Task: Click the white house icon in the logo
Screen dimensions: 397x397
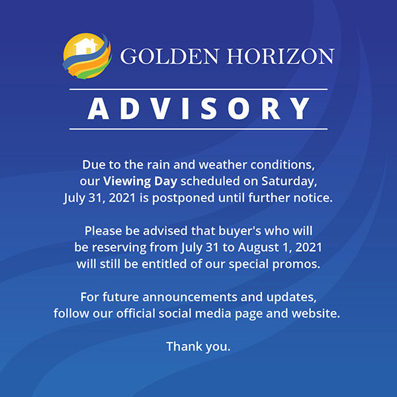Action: coord(86,47)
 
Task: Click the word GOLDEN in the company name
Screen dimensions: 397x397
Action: coord(169,56)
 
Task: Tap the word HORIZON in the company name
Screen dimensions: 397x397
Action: coord(281,56)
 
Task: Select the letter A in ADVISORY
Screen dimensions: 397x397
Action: coord(98,109)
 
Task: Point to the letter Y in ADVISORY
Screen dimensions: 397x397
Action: coord(300,109)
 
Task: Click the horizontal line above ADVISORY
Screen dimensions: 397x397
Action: coord(198,89)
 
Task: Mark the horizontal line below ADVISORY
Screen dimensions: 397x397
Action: coord(198,129)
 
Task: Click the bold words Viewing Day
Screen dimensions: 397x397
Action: coord(140,182)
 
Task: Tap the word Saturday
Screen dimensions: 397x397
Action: coord(289,182)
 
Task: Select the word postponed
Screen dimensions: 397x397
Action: coord(183,198)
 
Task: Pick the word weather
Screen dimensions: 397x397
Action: coord(223,165)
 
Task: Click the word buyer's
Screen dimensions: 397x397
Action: coord(240,232)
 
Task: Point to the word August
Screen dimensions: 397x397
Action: coord(259,248)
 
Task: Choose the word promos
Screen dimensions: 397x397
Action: coord(296,265)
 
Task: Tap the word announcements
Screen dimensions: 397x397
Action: coord(190,297)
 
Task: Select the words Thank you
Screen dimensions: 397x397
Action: coord(198,347)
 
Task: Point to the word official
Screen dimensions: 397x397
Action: coord(136,314)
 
